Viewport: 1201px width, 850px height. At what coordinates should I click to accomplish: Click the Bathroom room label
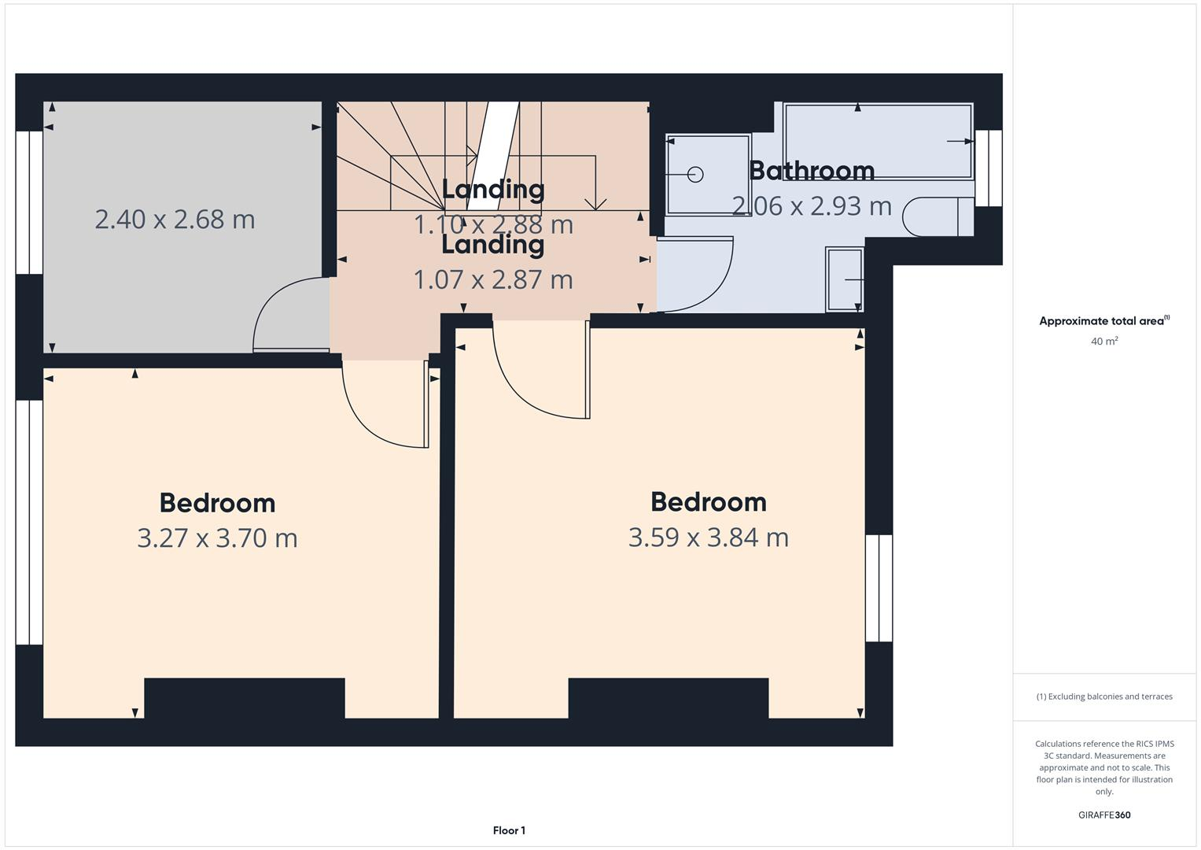(811, 171)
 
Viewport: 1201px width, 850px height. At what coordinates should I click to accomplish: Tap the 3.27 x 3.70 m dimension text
(217, 538)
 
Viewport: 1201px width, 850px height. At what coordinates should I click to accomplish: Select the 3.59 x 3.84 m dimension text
(708, 538)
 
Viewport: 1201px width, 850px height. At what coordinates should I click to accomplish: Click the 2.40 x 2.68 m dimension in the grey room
(175, 219)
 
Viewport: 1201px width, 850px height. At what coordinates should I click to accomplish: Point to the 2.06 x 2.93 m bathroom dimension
(811, 206)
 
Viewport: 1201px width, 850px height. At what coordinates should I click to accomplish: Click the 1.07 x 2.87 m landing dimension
(493, 279)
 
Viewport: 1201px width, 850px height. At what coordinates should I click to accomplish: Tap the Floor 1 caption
(509, 830)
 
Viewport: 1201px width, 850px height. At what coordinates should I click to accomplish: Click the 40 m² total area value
(1103, 342)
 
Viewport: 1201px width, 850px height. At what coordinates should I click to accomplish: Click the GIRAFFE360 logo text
(1103, 815)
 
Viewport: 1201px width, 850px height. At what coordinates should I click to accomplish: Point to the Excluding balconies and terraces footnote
(1103, 697)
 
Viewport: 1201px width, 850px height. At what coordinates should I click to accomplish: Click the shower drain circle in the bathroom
(695, 175)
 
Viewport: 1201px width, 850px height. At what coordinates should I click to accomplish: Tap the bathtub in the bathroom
(877, 142)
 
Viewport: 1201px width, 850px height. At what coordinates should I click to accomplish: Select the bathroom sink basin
(845, 279)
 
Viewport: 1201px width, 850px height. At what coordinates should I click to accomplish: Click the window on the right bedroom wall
(879, 588)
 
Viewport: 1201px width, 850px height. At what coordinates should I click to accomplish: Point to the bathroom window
(989, 168)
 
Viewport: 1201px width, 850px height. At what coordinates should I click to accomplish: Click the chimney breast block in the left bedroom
(244, 698)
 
